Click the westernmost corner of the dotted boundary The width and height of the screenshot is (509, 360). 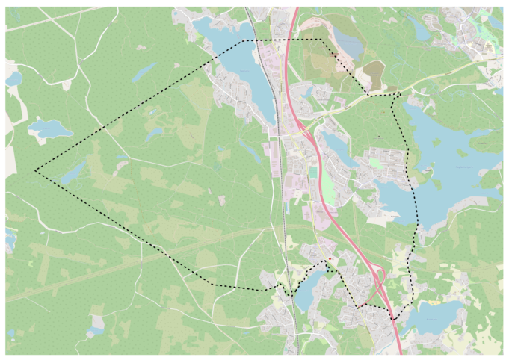pyautogui.click(x=35, y=171)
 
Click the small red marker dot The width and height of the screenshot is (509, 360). pyautogui.click(x=330, y=259)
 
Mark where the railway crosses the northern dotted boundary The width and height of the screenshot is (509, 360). pyautogui.click(x=254, y=40)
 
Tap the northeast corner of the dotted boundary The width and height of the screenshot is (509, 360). pyautogui.click(x=321, y=40)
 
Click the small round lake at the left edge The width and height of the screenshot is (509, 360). pyautogui.click(x=13, y=78)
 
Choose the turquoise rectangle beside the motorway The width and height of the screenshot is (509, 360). pyautogui.click(x=313, y=173)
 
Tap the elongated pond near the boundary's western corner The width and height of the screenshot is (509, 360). pyautogui.click(x=73, y=173)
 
